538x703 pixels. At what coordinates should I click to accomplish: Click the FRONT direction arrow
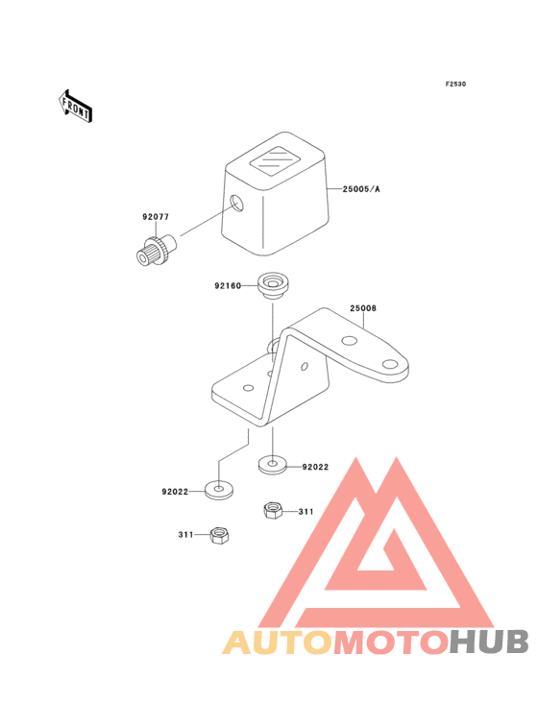pos(75,106)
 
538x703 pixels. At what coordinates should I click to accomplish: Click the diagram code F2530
pos(455,85)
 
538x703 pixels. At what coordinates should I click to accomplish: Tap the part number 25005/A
pos(361,189)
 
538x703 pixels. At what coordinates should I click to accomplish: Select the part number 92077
pos(156,217)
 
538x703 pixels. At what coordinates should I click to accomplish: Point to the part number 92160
pos(228,285)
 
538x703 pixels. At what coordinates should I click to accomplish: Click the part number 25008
pos(363,308)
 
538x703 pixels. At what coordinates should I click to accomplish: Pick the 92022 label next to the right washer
pos(315,467)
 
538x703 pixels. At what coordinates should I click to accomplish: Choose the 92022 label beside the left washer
pos(175,492)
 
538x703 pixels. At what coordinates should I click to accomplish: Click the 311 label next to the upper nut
pos(306,512)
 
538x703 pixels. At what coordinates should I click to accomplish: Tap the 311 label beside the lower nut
pos(185,534)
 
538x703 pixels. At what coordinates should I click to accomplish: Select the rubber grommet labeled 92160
pos(273,286)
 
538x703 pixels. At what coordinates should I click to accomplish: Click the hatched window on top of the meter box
pos(275,160)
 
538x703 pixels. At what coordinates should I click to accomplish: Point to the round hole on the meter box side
pos(236,204)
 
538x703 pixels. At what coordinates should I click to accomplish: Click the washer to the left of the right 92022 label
pos(273,465)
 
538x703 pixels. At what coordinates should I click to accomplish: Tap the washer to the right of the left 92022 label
pos(219,490)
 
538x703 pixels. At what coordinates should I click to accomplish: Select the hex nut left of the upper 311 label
pos(273,510)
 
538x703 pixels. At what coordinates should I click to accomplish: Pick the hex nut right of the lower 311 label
pos(220,535)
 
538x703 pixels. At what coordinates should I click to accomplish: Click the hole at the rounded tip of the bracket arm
pos(390,364)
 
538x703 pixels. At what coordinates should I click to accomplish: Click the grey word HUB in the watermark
pos(489,642)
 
